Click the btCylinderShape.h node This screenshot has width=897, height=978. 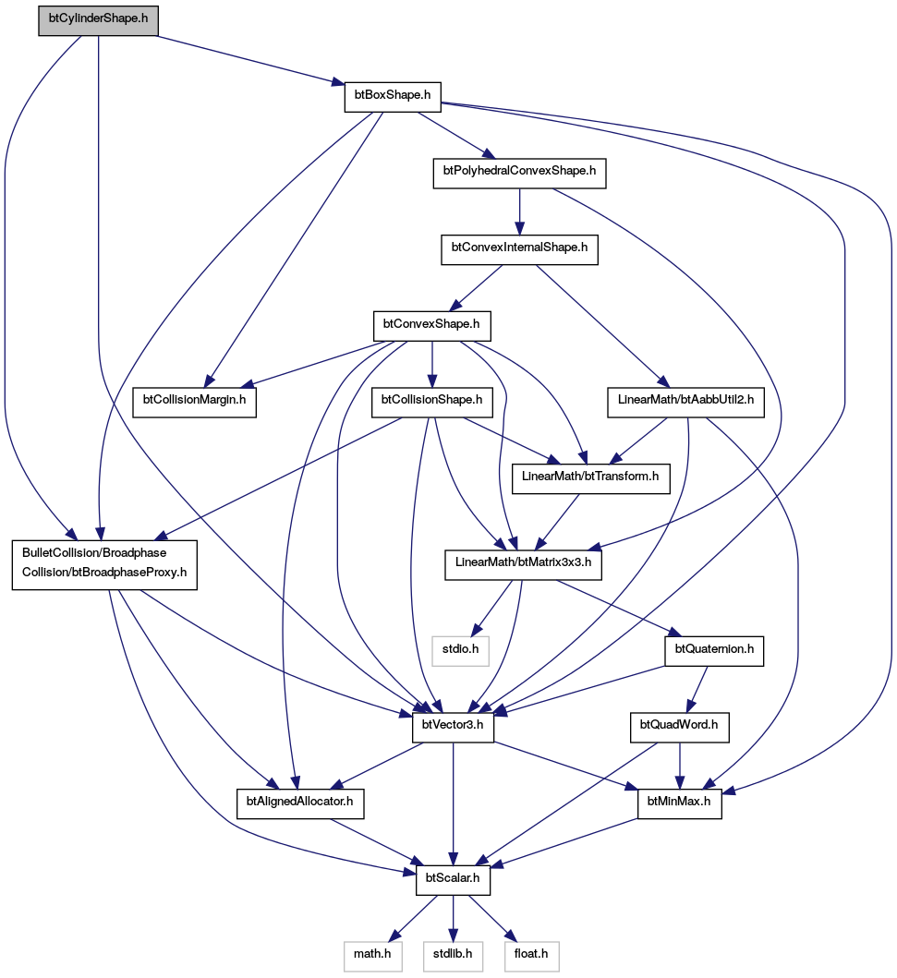tap(98, 20)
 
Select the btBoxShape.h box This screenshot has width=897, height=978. tap(393, 97)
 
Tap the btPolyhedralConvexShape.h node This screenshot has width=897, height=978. tap(519, 174)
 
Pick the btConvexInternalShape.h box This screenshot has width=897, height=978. tap(519, 249)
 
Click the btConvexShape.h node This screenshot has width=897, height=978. tap(431, 326)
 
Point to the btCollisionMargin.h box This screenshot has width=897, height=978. tap(195, 403)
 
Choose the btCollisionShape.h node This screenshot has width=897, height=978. tap(431, 403)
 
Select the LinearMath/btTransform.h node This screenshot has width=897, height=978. tap(590, 479)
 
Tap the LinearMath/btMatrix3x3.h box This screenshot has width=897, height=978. tap(524, 565)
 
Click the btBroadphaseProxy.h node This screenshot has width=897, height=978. tap(104, 565)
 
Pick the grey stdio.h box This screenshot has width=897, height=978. tap(460, 652)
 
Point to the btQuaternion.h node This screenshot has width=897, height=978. tap(714, 652)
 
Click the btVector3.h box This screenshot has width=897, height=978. tap(453, 728)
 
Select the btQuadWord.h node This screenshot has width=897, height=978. tap(679, 728)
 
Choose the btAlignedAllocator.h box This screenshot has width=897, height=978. tap(300, 804)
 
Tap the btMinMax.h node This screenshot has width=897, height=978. tap(679, 804)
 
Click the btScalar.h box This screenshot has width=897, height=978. tap(453, 881)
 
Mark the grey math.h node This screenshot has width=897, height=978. tap(373, 957)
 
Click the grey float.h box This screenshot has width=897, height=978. tap(532, 957)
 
